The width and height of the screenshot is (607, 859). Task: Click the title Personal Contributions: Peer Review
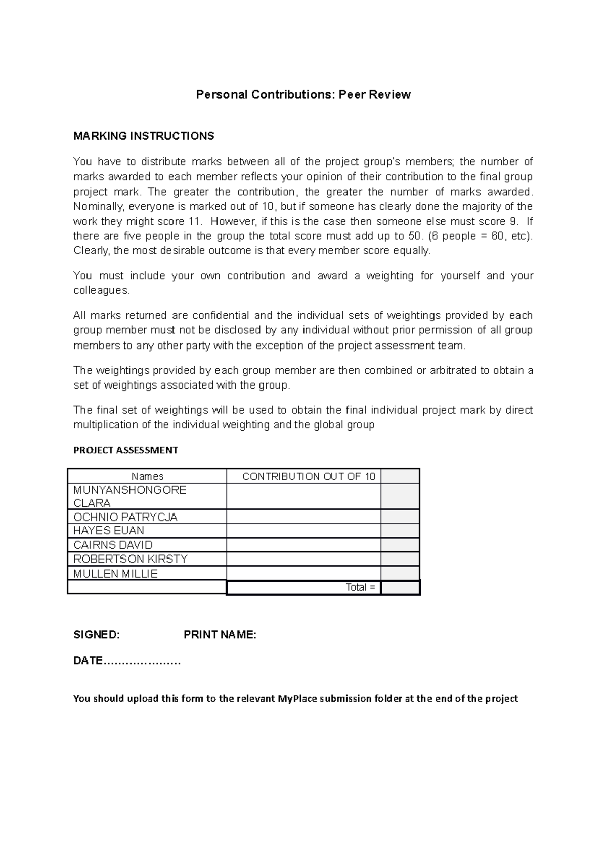click(303, 95)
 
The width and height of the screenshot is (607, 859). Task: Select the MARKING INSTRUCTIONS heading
click(144, 136)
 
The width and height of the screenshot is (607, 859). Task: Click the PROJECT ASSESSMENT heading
click(125, 450)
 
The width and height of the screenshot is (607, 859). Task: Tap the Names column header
click(147, 476)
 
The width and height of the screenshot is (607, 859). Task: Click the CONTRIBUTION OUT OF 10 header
click(309, 476)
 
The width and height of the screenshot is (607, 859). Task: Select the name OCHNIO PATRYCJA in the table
click(125, 517)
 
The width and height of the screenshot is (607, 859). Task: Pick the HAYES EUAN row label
click(109, 531)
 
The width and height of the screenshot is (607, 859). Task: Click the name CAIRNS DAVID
click(113, 545)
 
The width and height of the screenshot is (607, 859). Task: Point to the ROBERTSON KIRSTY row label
click(131, 559)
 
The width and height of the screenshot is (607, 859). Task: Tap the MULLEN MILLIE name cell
click(115, 574)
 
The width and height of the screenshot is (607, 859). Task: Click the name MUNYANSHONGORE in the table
click(129, 490)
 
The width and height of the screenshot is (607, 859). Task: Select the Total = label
click(360, 587)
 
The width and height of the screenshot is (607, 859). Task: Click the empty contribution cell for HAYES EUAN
click(303, 531)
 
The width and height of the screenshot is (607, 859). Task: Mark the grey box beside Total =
click(400, 588)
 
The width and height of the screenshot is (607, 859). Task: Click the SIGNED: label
click(97, 635)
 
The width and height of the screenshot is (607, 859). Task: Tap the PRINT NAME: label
click(220, 635)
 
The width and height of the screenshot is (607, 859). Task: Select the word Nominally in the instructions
click(98, 206)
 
